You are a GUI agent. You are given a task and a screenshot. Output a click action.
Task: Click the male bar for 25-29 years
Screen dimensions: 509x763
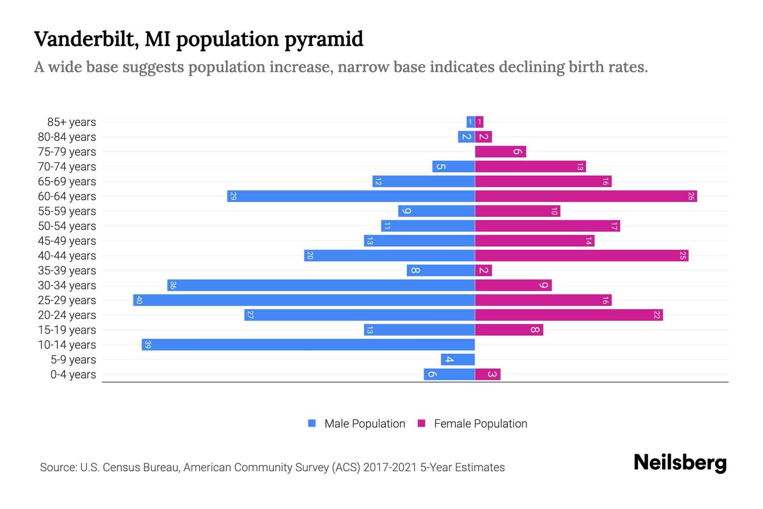pos(304,300)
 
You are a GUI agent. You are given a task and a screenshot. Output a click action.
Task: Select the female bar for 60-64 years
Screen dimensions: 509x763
pos(586,196)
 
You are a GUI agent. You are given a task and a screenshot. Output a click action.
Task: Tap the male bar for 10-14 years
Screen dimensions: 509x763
pos(308,345)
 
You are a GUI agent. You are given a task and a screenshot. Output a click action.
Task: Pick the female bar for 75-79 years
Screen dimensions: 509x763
pos(500,152)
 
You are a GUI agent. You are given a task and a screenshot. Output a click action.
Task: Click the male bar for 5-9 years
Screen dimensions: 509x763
pos(458,360)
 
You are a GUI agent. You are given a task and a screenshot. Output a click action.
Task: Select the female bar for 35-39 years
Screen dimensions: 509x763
pos(483,271)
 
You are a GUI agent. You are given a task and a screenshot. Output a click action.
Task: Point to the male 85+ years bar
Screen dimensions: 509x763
pos(471,122)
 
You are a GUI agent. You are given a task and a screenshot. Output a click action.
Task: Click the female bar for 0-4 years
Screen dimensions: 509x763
pos(487,375)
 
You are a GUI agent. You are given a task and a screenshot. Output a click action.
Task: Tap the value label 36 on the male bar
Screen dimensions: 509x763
pos(173,285)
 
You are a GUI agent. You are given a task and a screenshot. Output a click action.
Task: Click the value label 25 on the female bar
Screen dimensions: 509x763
pos(682,256)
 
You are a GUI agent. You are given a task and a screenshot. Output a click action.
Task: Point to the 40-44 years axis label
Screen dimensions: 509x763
pos(67,256)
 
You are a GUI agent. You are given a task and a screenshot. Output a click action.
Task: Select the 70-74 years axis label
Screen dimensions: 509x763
pos(67,167)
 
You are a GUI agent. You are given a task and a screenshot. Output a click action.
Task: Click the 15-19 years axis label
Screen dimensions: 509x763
pos(67,330)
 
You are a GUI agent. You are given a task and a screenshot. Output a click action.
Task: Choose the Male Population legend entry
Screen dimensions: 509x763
pos(365,424)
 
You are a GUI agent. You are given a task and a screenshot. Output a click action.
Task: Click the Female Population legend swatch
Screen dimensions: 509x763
pos(421,423)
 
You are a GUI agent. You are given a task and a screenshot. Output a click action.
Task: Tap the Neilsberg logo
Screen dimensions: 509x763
pos(680,463)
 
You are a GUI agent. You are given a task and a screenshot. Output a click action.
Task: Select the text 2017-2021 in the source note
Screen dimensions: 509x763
pos(390,467)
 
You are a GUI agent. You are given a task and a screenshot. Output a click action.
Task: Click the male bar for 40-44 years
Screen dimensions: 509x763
pos(389,256)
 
